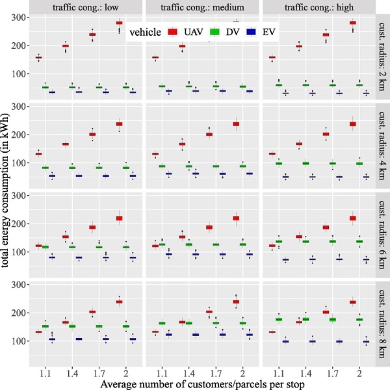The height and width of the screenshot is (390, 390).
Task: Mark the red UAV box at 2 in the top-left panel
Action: coord(119,23)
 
